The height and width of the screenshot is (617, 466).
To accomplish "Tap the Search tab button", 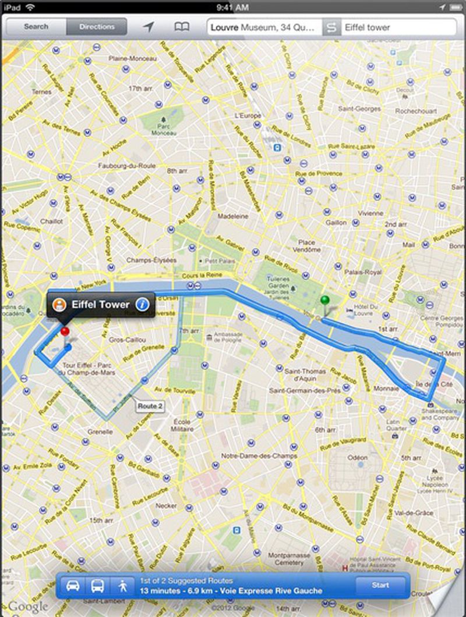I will tap(36, 27).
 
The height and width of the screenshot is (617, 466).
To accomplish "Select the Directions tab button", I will tap(97, 27).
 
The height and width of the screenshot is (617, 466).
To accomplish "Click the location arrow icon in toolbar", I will tap(149, 27).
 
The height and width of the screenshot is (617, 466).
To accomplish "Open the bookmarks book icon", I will tap(182, 27).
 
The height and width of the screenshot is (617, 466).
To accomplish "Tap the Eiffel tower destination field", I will tap(398, 27).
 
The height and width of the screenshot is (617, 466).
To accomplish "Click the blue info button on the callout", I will tap(142, 304).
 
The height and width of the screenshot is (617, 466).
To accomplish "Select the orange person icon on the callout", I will tap(59, 304).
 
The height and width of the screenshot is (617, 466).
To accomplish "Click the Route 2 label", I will tap(150, 406).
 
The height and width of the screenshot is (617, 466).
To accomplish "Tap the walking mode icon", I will tap(122, 586).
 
